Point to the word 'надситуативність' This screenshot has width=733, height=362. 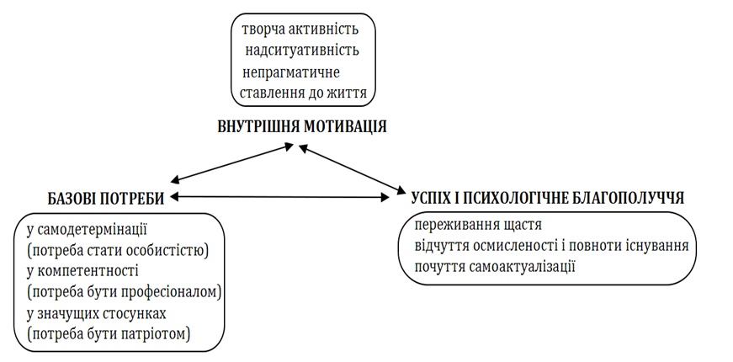302,51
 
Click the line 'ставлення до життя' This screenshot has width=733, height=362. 303,93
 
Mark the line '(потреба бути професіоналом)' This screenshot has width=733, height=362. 122,292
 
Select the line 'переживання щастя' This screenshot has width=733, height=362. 476,226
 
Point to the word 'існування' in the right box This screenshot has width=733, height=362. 656,247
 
